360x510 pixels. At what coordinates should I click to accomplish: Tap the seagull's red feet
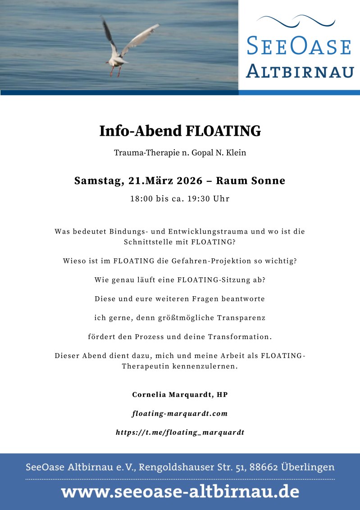(x=115, y=71)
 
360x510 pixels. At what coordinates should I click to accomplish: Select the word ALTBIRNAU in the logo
(x=300, y=71)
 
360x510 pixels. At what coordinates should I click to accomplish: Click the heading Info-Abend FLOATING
(x=180, y=131)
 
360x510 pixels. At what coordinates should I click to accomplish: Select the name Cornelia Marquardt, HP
(x=180, y=395)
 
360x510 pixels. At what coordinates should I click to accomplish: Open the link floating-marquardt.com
(x=180, y=414)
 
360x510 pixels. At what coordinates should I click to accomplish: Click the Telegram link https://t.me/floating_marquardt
(x=180, y=432)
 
